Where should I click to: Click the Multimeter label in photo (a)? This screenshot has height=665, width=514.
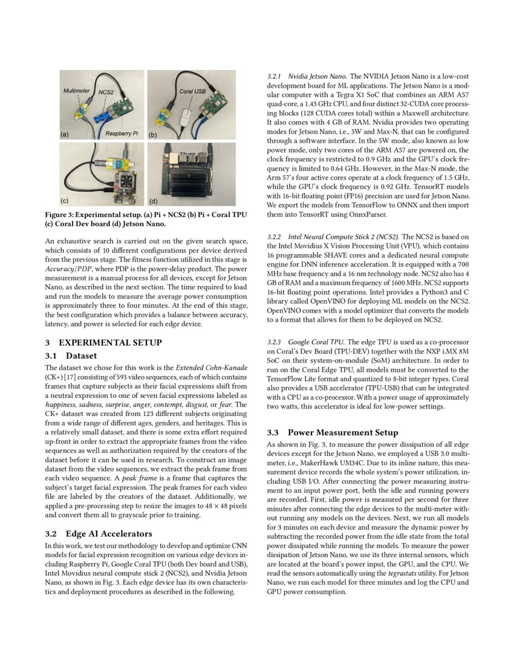tap(77, 91)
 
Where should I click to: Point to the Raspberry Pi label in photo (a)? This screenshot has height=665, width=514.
tap(121, 131)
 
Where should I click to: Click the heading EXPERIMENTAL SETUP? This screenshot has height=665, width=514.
tap(110, 342)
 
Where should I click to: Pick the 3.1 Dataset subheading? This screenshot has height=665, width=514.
tap(71, 355)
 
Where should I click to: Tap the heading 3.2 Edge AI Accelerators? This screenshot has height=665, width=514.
tap(99, 534)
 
